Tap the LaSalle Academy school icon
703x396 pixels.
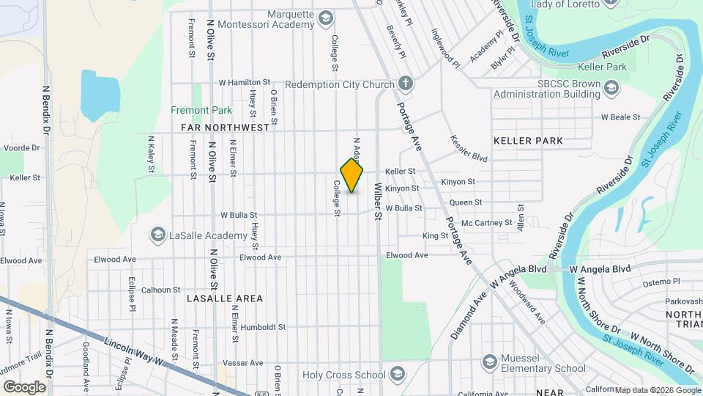[x=157, y=235]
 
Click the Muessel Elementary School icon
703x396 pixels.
[x=490, y=362]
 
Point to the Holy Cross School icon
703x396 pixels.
[x=397, y=375]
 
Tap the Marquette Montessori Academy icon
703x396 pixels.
[x=326, y=18]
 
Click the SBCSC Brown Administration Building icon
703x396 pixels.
[x=611, y=88]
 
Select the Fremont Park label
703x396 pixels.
[x=201, y=111]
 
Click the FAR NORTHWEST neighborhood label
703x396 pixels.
[x=225, y=128]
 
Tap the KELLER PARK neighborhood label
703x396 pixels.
[x=528, y=140]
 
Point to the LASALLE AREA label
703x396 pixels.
[x=225, y=298]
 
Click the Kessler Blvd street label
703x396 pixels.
[x=469, y=148]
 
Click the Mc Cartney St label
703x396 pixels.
[x=487, y=222]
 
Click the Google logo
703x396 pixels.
[x=25, y=386]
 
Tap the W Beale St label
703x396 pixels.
[x=620, y=117]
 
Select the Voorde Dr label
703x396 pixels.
[x=15, y=147]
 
